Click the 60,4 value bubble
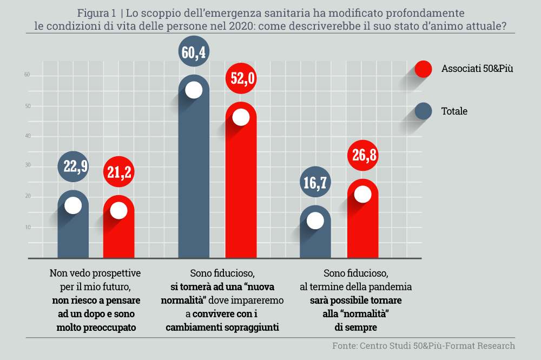coord(194,52)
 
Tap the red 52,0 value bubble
coord(241,79)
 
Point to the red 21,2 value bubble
coord(118,172)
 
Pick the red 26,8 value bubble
coord(362,156)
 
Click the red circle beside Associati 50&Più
coord(423,69)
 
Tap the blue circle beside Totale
coord(423,111)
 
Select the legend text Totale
coord(454,111)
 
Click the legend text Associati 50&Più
coord(477,69)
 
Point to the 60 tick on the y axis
coord(26,76)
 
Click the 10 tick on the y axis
coord(26,228)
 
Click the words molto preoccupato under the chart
coord(96,328)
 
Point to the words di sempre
coord(355,328)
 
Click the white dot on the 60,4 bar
coord(194,90)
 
